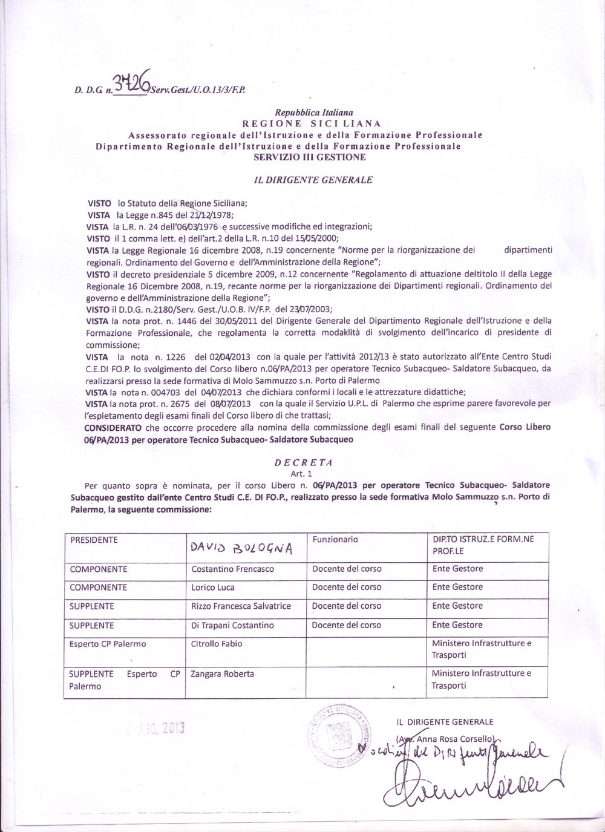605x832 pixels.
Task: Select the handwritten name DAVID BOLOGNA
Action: point(241,548)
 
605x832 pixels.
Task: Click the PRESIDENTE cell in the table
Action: point(94,540)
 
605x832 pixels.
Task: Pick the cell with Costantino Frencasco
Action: point(232,569)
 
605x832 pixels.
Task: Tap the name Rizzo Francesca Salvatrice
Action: point(241,606)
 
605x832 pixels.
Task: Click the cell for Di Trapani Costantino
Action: point(232,625)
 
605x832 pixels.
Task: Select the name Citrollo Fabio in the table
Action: point(217,644)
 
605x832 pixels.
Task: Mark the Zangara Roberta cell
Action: point(222,673)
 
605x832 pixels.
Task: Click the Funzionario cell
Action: point(335,539)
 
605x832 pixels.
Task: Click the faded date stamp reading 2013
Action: point(151,729)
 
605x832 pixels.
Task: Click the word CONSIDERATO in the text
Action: point(113,427)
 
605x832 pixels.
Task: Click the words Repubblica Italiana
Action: point(314,113)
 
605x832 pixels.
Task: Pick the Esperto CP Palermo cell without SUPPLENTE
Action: point(108,644)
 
